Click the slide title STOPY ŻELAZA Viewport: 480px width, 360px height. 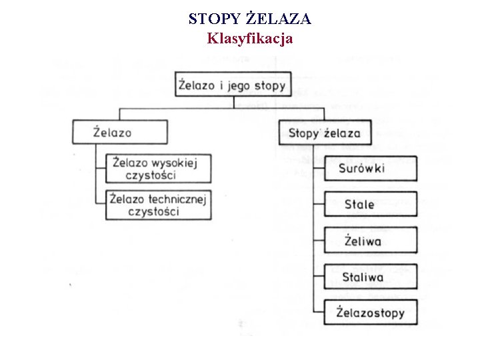click(249, 19)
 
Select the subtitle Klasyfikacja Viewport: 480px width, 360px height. click(249, 38)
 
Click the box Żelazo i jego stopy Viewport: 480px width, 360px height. click(233, 85)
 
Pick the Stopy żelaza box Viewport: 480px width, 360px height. click(324, 133)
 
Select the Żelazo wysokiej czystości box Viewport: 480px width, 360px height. click(159, 169)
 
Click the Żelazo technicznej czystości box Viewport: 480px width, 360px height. click(159, 205)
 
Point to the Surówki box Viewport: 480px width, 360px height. click(370, 169)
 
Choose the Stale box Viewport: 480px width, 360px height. click(370, 204)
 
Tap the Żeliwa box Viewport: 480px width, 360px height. click(370, 240)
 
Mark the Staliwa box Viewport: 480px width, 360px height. click(370, 276)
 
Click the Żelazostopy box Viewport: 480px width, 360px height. click(370, 312)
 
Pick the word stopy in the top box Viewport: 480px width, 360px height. click(271, 86)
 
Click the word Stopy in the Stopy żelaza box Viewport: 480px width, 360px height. click(304, 133)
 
